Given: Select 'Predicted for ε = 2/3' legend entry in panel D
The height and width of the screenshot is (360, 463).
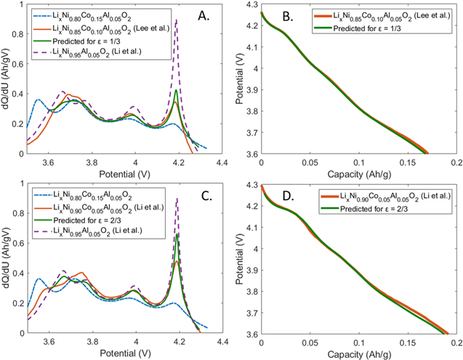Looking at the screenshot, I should click(x=364, y=211).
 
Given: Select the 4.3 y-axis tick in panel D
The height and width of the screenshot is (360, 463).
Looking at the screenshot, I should click(x=249, y=187).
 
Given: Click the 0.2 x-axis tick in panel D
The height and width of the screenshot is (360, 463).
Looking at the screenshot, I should click(x=456, y=340).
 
